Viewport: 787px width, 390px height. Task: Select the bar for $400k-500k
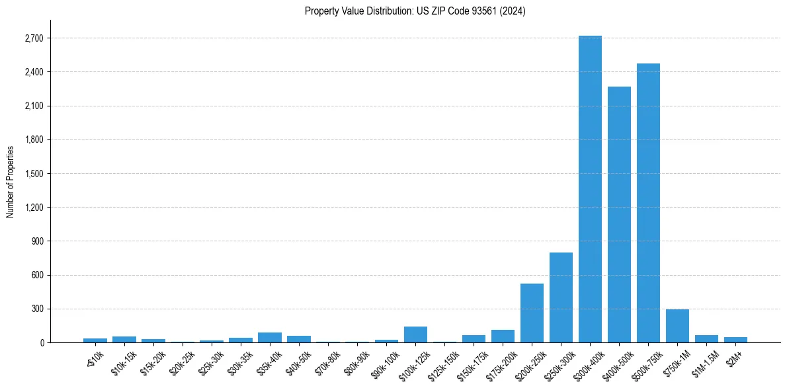point(619,214)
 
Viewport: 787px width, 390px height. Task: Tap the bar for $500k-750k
point(648,203)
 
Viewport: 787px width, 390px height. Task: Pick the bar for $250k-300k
point(561,297)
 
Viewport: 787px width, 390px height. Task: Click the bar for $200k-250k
point(532,313)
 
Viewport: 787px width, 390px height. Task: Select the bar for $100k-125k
point(415,334)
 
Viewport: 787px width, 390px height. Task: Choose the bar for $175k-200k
point(503,336)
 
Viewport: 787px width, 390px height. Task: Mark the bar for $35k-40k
point(269,337)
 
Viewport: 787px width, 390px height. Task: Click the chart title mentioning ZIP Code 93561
point(415,11)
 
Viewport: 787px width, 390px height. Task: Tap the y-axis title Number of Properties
point(11,181)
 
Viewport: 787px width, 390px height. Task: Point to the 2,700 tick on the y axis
point(33,38)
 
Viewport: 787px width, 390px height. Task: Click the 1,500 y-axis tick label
point(33,174)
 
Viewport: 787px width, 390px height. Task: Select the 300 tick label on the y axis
point(37,309)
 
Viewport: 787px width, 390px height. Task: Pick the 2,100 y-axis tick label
point(33,106)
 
